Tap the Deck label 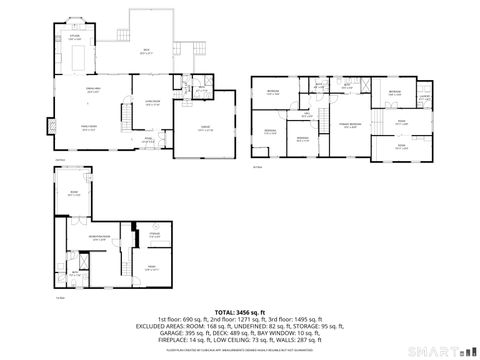point(145,51)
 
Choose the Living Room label point(153,102)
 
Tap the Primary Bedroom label point(348,123)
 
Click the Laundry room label point(424,97)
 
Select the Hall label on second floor point(308,113)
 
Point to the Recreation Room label point(98,238)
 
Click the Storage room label point(155,236)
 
